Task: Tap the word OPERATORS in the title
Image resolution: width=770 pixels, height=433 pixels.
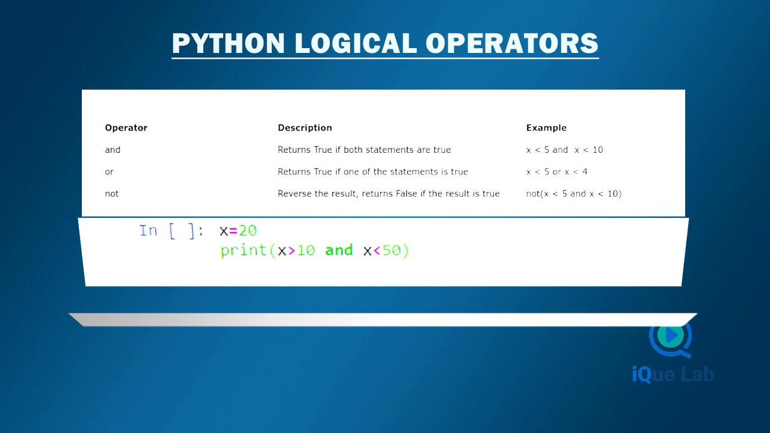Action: point(511,43)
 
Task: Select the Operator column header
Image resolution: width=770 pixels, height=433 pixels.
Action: point(126,127)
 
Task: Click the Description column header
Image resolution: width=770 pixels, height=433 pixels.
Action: point(304,127)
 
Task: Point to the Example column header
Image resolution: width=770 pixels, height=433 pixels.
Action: point(546,127)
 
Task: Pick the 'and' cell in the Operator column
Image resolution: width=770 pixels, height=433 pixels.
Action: point(112,150)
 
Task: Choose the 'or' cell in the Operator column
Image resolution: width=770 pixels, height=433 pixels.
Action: point(109,171)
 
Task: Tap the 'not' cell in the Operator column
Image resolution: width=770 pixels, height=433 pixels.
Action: point(112,194)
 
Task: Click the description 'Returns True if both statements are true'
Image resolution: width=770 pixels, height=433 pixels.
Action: point(364,150)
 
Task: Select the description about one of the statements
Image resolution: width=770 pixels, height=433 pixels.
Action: point(372,171)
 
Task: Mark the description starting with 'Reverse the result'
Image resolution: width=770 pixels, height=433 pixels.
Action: point(389,194)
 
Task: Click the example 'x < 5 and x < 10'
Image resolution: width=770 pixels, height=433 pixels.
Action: point(564,150)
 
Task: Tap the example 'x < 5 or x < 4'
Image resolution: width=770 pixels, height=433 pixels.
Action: point(556,171)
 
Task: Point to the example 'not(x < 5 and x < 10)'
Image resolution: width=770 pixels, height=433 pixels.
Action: point(573,194)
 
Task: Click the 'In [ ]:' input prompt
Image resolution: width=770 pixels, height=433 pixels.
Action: point(171,231)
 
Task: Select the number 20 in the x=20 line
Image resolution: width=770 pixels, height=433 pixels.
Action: point(247,231)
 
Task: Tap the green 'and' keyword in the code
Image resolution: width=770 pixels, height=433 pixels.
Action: point(339,250)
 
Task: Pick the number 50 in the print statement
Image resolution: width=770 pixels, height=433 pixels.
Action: point(392,250)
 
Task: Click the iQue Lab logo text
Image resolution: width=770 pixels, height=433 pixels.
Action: point(673,375)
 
